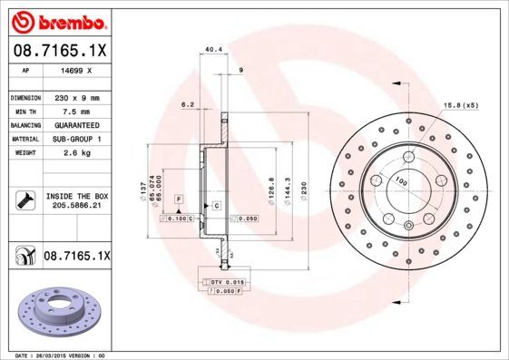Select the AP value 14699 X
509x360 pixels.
75,69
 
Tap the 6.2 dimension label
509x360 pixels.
189,104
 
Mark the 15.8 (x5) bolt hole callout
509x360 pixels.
460,105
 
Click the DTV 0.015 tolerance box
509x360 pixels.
227,283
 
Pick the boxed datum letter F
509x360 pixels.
180,198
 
